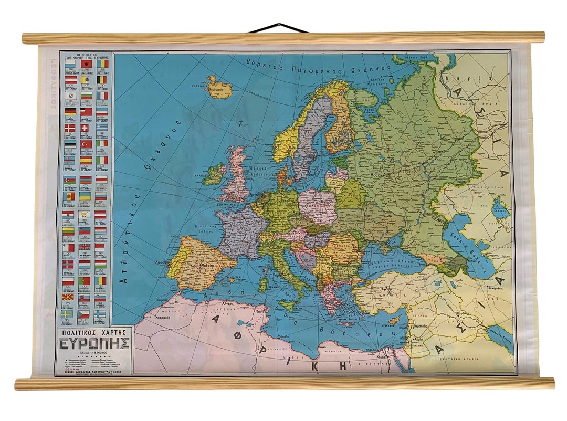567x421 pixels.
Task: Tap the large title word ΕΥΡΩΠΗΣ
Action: tap(95, 344)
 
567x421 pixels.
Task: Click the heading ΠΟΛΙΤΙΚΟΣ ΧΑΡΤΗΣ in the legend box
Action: tap(95, 333)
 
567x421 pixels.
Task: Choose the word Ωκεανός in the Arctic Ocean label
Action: tap(368, 69)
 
